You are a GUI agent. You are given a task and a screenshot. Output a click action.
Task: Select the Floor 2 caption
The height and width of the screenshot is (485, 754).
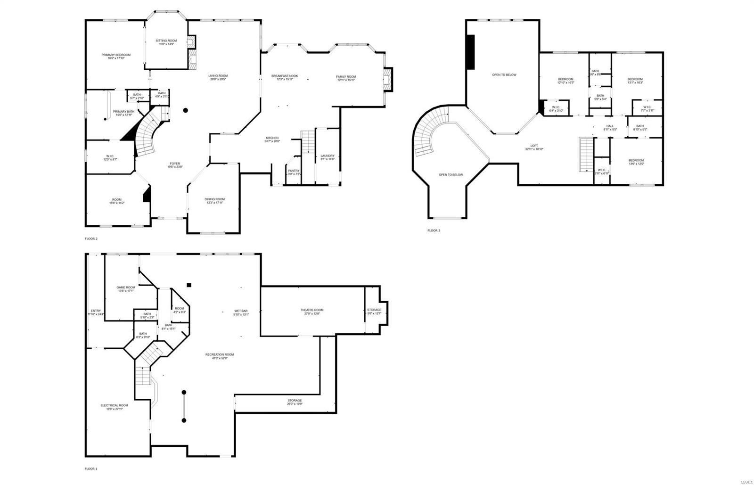tap(91, 238)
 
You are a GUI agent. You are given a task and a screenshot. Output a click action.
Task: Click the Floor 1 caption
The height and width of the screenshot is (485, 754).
tap(91, 469)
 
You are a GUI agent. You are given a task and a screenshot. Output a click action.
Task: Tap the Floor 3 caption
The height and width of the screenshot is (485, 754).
tap(434, 230)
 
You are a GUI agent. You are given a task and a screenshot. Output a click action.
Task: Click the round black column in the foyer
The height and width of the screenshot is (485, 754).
tap(186, 110)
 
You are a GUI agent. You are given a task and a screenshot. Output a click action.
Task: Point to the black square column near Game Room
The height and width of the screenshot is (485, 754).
tap(188, 285)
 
